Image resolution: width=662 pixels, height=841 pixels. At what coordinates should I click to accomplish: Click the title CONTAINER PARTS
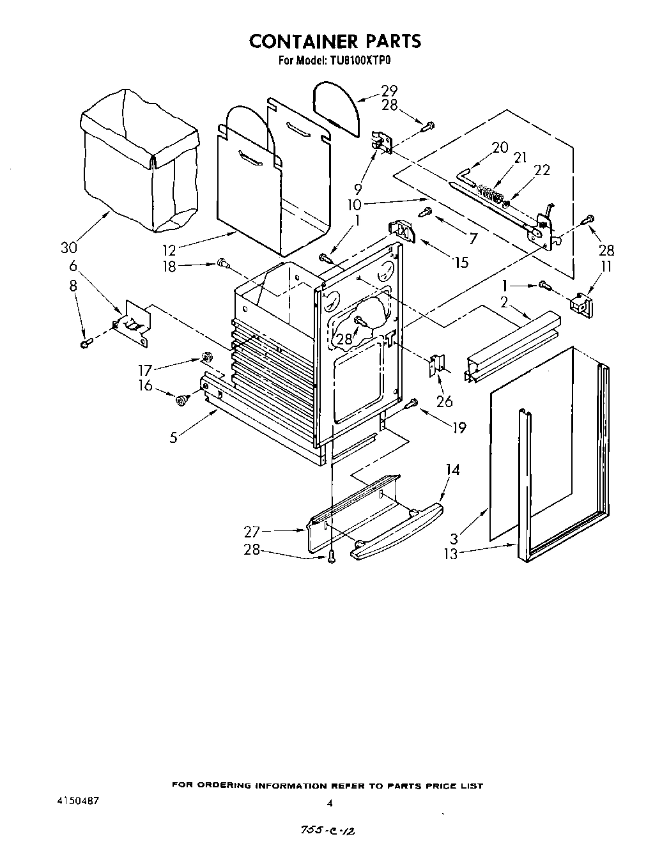coord(335,41)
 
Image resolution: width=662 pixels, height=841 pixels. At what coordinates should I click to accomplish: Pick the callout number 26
coord(444,401)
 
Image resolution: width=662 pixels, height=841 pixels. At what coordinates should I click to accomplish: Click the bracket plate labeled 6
coord(135,323)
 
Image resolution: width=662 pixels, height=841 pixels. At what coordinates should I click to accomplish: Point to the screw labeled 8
coord(85,345)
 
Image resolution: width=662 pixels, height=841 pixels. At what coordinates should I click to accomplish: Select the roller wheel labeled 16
coord(181,399)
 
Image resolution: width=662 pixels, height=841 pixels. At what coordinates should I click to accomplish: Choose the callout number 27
coord(252,530)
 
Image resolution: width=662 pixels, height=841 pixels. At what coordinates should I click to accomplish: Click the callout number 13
coord(450,554)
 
